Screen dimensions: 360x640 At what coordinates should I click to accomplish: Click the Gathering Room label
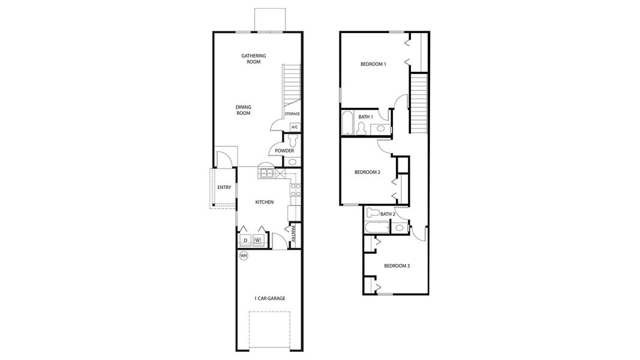coord(254,59)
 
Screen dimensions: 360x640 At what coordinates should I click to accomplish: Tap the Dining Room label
coord(243,110)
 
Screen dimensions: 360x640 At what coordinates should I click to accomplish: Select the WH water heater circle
coord(244,256)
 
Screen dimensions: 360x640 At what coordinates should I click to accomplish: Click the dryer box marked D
coord(245,241)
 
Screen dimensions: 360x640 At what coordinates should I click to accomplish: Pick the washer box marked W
coord(258,241)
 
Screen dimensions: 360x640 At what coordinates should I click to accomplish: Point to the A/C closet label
coord(295,127)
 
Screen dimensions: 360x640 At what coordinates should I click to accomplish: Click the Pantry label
coord(294,233)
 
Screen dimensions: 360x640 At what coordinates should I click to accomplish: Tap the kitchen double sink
coord(267,174)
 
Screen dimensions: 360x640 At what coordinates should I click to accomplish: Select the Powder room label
coord(284,151)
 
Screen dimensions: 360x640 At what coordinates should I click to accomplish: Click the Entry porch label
coord(224,188)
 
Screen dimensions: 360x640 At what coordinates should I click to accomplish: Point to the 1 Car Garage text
coord(269,298)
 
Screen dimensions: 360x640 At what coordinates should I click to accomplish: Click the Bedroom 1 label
coord(373,64)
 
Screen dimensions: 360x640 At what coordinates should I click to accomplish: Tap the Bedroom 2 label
coord(367,172)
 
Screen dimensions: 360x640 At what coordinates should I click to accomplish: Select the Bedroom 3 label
coord(396,266)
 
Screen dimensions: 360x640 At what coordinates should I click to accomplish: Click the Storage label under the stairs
coord(292,113)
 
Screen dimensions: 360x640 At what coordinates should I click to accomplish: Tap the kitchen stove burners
coord(295,190)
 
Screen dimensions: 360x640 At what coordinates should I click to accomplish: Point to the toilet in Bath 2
coord(372,212)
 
